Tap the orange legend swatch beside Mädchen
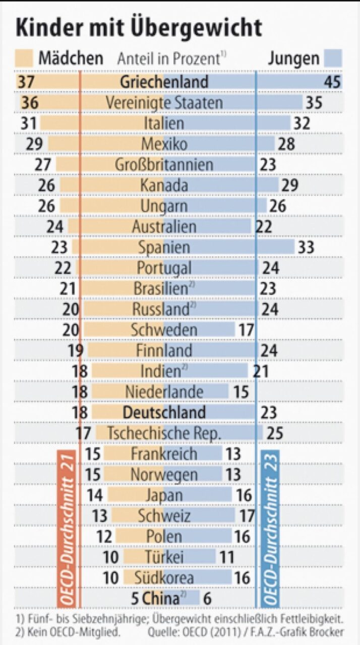pyautogui.click(x=24, y=58)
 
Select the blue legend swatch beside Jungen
pyautogui.click(x=333, y=58)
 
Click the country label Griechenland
pyautogui.click(x=164, y=82)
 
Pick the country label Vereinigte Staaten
pyautogui.click(x=164, y=103)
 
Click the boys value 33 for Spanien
pyautogui.click(x=305, y=247)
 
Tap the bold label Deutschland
pyautogui.click(x=164, y=412)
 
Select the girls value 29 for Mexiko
pyautogui.click(x=35, y=144)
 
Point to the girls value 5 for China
pyautogui.click(x=135, y=599)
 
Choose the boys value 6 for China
pyautogui.click(x=207, y=599)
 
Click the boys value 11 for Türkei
pyautogui.click(x=227, y=557)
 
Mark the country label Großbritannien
pyautogui.click(x=164, y=165)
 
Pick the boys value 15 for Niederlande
pyautogui.click(x=241, y=392)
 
